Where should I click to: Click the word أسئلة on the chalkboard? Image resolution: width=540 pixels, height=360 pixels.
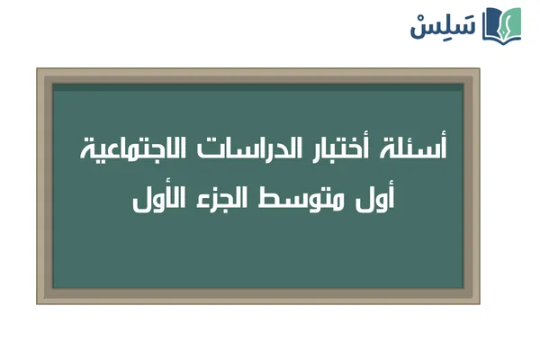424,149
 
